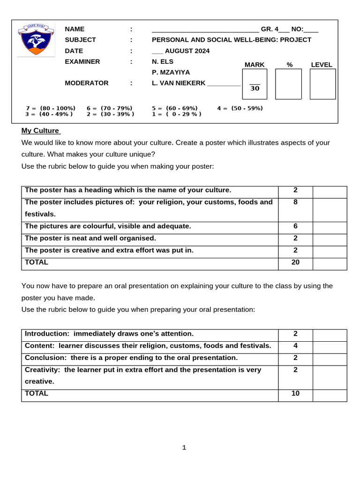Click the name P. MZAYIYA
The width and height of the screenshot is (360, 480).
click(171, 72)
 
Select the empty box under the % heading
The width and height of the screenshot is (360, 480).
click(288, 84)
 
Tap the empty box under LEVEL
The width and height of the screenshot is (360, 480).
click(322, 84)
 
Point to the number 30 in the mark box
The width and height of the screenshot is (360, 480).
click(255, 88)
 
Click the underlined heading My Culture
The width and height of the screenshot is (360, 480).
click(41, 130)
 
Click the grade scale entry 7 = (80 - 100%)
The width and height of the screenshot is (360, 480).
click(51, 108)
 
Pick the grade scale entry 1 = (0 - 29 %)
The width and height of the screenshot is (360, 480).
click(177, 114)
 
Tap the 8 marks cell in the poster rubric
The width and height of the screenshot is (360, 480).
click(295, 202)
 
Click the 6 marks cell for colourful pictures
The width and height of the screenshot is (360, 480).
click(295, 226)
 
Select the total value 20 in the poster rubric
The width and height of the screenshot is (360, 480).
click(295, 262)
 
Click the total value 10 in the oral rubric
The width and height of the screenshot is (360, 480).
click(295, 393)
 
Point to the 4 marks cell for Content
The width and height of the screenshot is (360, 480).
click(295, 345)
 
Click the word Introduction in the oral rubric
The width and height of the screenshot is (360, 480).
click(46, 334)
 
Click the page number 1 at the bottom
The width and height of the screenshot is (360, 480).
click(184, 448)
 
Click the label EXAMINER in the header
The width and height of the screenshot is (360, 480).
click(82, 61)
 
